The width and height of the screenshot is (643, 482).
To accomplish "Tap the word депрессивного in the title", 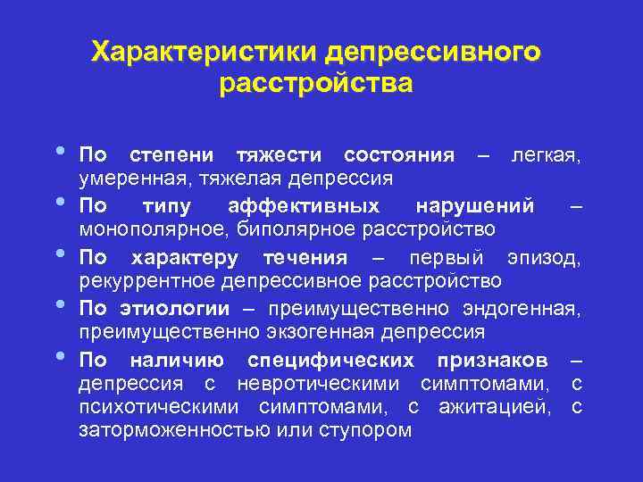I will [x=433, y=53].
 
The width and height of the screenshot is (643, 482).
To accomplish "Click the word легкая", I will [x=546, y=156].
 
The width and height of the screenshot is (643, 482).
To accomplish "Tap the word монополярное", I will [x=144, y=229].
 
